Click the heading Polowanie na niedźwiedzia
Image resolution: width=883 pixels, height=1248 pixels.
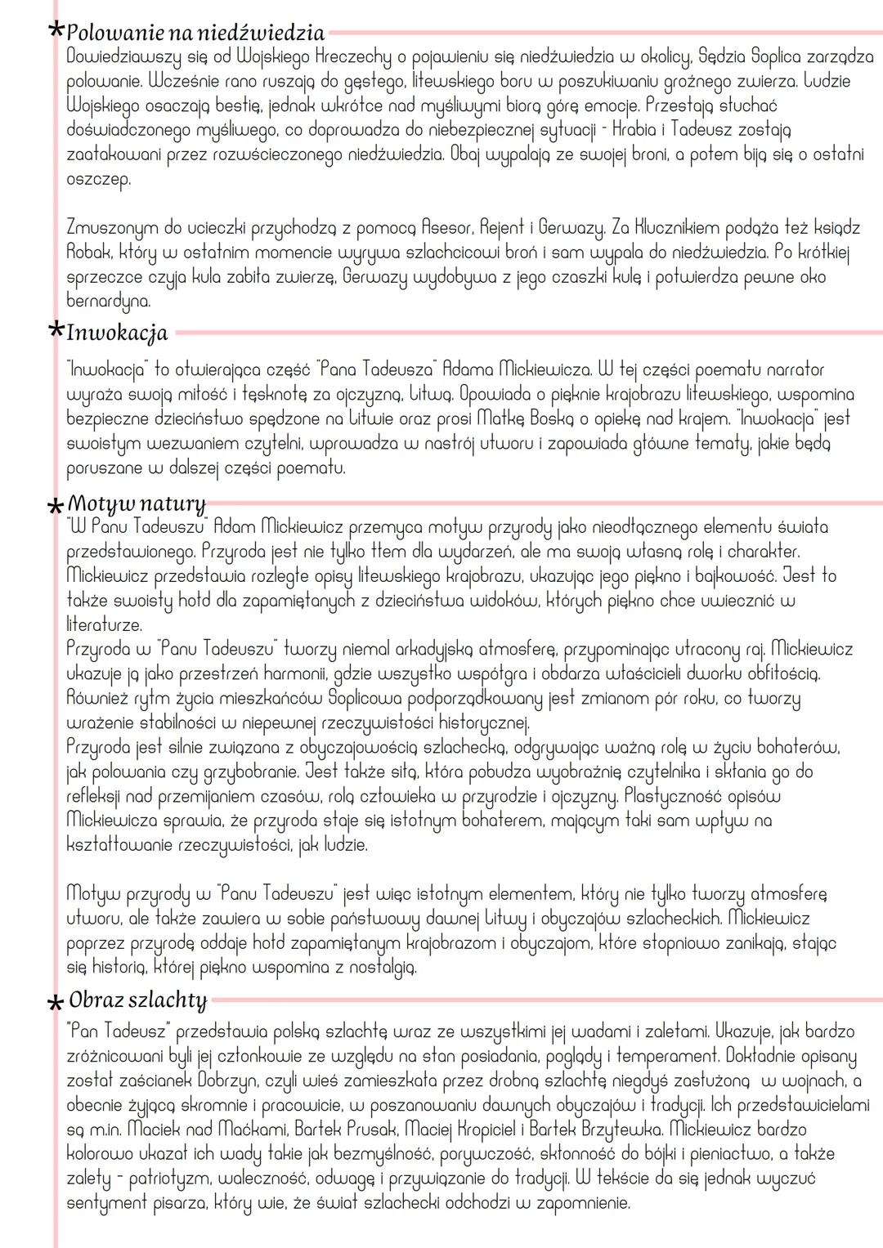(x=195, y=34)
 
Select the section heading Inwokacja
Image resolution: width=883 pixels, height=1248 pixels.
(x=117, y=333)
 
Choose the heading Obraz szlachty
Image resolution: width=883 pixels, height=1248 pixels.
(x=137, y=1000)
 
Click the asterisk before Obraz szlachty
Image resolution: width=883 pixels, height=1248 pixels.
(x=56, y=1003)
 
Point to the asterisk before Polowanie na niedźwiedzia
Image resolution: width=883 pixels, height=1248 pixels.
(x=56, y=30)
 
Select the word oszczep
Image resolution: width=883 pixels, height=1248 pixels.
(x=98, y=179)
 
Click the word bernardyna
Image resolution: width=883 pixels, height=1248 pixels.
(x=108, y=301)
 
